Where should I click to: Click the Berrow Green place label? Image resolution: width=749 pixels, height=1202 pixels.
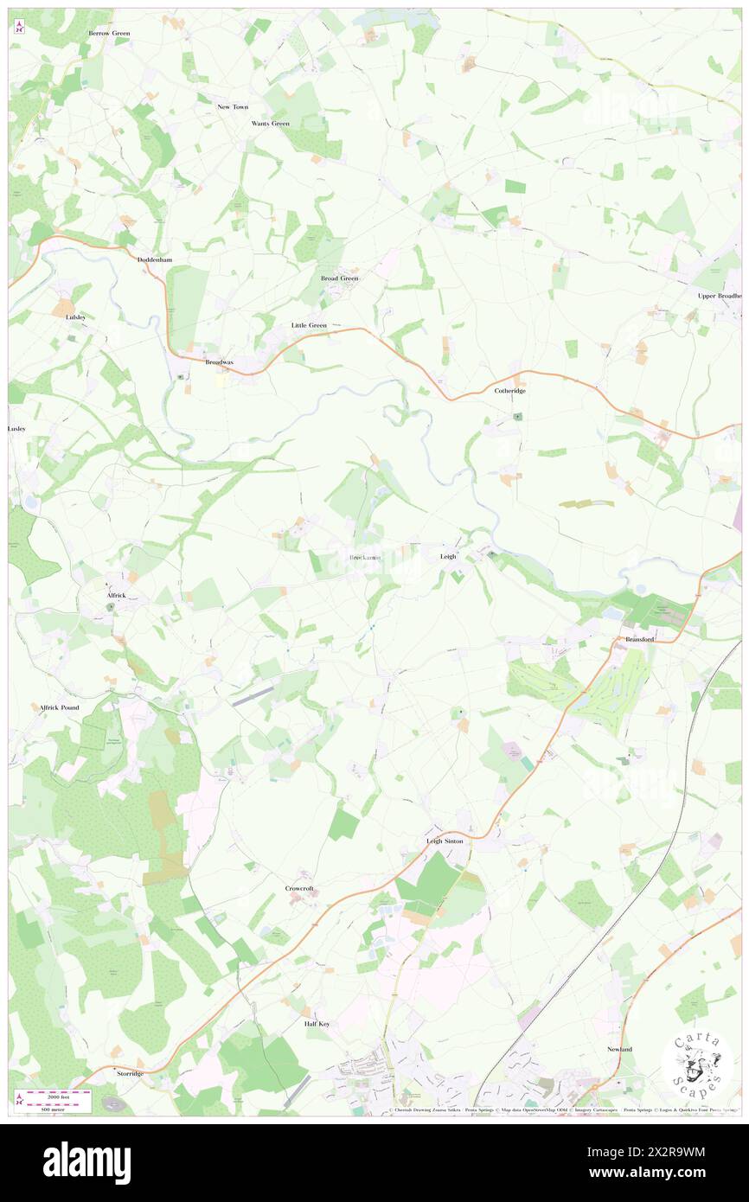(x=109, y=33)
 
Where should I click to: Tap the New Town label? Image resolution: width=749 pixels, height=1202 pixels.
(x=233, y=106)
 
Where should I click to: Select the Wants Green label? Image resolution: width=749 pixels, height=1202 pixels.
(x=271, y=124)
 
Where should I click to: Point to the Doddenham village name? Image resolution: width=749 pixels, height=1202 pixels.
(x=157, y=259)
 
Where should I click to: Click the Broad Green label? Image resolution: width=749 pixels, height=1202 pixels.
(x=339, y=278)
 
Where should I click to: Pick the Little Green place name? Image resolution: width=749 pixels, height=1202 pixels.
(x=309, y=325)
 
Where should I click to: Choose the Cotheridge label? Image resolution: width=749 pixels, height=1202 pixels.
(x=510, y=391)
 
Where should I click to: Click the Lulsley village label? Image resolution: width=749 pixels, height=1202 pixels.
(x=76, y=317)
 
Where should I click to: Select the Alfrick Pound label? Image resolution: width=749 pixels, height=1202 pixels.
(x=60, y=707)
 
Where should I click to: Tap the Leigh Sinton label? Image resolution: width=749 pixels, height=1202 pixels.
(x=445, y=841)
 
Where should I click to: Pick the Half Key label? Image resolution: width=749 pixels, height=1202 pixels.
(x=317, y=1024)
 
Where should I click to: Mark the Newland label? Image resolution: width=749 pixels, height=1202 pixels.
(x=619, y=1049)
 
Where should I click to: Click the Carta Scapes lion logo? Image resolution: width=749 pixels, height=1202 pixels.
(x=697, y=1064)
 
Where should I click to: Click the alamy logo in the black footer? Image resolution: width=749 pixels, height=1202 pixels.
(x=86, y=1162)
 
